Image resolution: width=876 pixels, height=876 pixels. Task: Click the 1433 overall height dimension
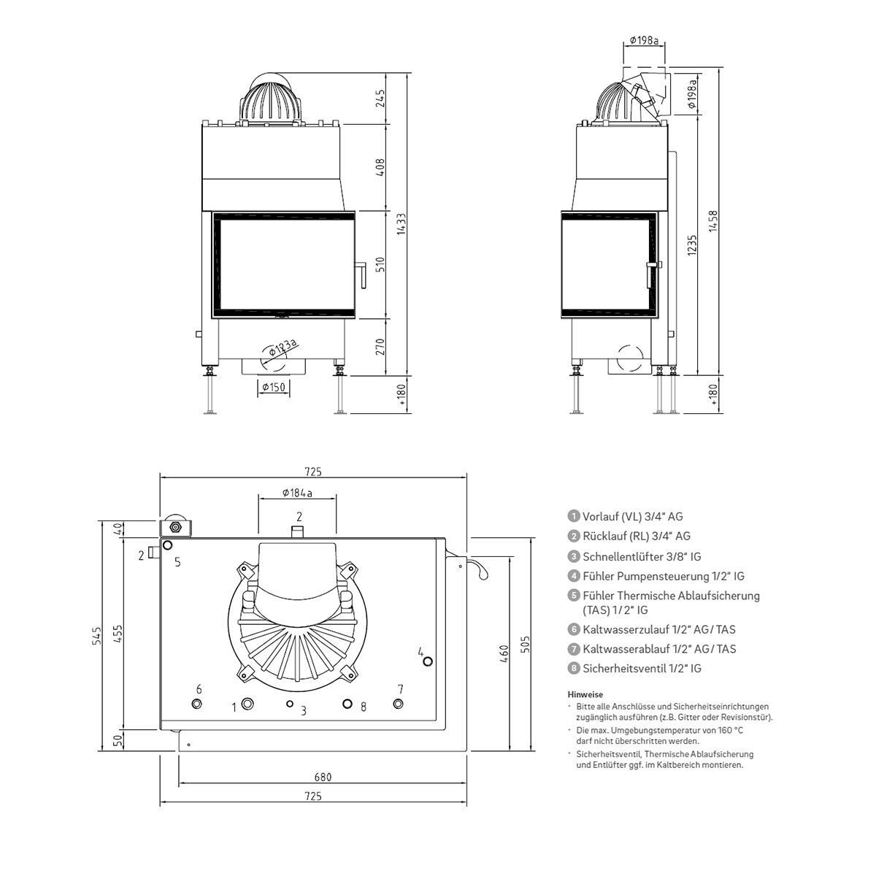[401, 223]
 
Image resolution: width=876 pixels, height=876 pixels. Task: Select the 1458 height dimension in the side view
[712, 221]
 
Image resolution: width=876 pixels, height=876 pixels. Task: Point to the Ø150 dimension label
[274, 387]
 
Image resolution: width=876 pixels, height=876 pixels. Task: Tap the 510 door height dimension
[380, 264]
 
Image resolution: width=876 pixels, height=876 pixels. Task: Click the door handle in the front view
[361, 274]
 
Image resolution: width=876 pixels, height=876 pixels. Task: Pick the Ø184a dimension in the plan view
[297, 493]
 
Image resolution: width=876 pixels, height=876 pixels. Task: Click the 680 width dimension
[323, 777]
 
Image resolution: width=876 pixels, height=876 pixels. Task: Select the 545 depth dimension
[97, 636]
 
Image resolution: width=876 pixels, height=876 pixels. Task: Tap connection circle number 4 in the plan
[428, 661]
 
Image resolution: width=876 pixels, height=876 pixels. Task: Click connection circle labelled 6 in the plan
[197, 704]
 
